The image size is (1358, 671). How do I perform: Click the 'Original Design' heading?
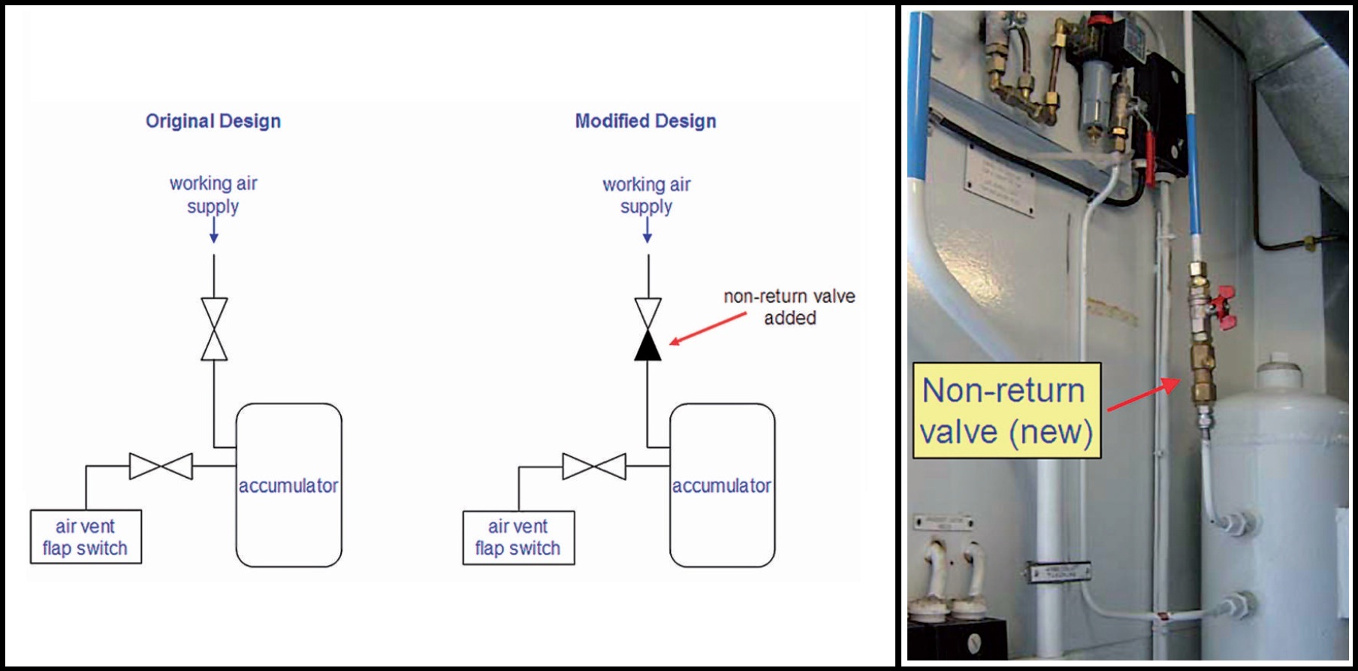pos(213,121)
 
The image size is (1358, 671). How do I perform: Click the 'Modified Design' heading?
pos(645,121)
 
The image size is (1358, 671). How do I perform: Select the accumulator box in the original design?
pos(288,485)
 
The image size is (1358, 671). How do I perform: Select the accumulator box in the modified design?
pos(722,485)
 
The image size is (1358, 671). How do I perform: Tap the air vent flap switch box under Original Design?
pos(86,537)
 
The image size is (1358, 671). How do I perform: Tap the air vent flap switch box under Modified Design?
pos(518,537)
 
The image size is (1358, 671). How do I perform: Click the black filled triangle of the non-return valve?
pos(647,346)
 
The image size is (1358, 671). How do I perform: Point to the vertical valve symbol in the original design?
pos(214,329)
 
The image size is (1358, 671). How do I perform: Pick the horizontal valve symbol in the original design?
pos(161,467)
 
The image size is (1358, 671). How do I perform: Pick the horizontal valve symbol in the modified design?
pos(594,467)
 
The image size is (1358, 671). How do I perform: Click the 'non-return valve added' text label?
pos(789,307)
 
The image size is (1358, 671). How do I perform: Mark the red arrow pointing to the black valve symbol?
pos(707,329)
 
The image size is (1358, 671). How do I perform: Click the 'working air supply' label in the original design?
pos(213,195)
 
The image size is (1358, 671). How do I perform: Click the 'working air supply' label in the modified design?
pos(646,195)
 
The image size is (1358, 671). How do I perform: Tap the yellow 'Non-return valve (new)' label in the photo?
pos(1006,411)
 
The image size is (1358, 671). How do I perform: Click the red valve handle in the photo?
pos(1224,307)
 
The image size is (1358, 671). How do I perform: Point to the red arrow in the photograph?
pos(1142,394)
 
